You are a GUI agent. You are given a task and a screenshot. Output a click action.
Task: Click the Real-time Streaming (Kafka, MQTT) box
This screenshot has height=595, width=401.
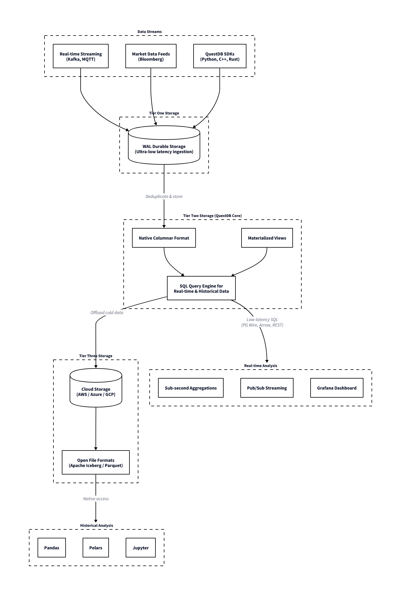pos(81,56)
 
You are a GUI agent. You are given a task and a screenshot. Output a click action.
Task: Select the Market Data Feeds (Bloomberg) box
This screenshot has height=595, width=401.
pos(151,56)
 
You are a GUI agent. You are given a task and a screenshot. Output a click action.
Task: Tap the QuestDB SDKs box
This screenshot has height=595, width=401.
pos(220,56)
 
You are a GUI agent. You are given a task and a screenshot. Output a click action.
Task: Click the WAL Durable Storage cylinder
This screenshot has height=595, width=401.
pos(164,149)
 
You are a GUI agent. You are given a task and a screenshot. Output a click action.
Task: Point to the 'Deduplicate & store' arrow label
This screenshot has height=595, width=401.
pos(164,197)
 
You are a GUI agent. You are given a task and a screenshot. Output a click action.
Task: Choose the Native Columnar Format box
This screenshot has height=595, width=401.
pos(164,238)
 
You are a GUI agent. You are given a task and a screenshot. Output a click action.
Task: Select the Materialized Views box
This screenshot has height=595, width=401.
pos(267,238)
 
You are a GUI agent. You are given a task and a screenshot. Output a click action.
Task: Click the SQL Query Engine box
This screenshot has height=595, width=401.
pos(201,288)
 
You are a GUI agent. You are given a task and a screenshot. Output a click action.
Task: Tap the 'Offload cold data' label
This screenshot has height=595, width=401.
pos(107,313)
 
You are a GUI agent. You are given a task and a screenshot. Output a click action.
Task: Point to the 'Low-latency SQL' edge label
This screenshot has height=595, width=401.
pos(262,322)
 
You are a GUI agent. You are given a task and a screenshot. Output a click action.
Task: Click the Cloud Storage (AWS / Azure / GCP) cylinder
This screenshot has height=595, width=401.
pos(96,392)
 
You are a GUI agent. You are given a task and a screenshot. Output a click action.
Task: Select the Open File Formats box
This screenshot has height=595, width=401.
pos(96,463)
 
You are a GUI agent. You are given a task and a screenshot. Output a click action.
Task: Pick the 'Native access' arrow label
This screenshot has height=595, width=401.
pos(96,499)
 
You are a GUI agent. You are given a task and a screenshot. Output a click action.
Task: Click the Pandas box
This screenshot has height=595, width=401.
pos(52,548)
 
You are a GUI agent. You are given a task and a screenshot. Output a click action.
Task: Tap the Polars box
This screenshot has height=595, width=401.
pos(96,548)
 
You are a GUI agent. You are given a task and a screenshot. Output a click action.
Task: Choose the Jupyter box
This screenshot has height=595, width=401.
pos(141,548)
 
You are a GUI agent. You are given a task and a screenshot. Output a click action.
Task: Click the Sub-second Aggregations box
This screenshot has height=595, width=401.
pos(191,388)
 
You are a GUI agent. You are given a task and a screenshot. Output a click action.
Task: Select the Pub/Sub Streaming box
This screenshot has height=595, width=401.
pos(267,388)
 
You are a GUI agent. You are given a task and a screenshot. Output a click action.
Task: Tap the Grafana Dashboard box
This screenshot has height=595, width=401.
pos(337,388)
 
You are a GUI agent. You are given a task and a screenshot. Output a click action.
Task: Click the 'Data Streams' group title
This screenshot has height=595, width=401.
pos(149,32)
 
